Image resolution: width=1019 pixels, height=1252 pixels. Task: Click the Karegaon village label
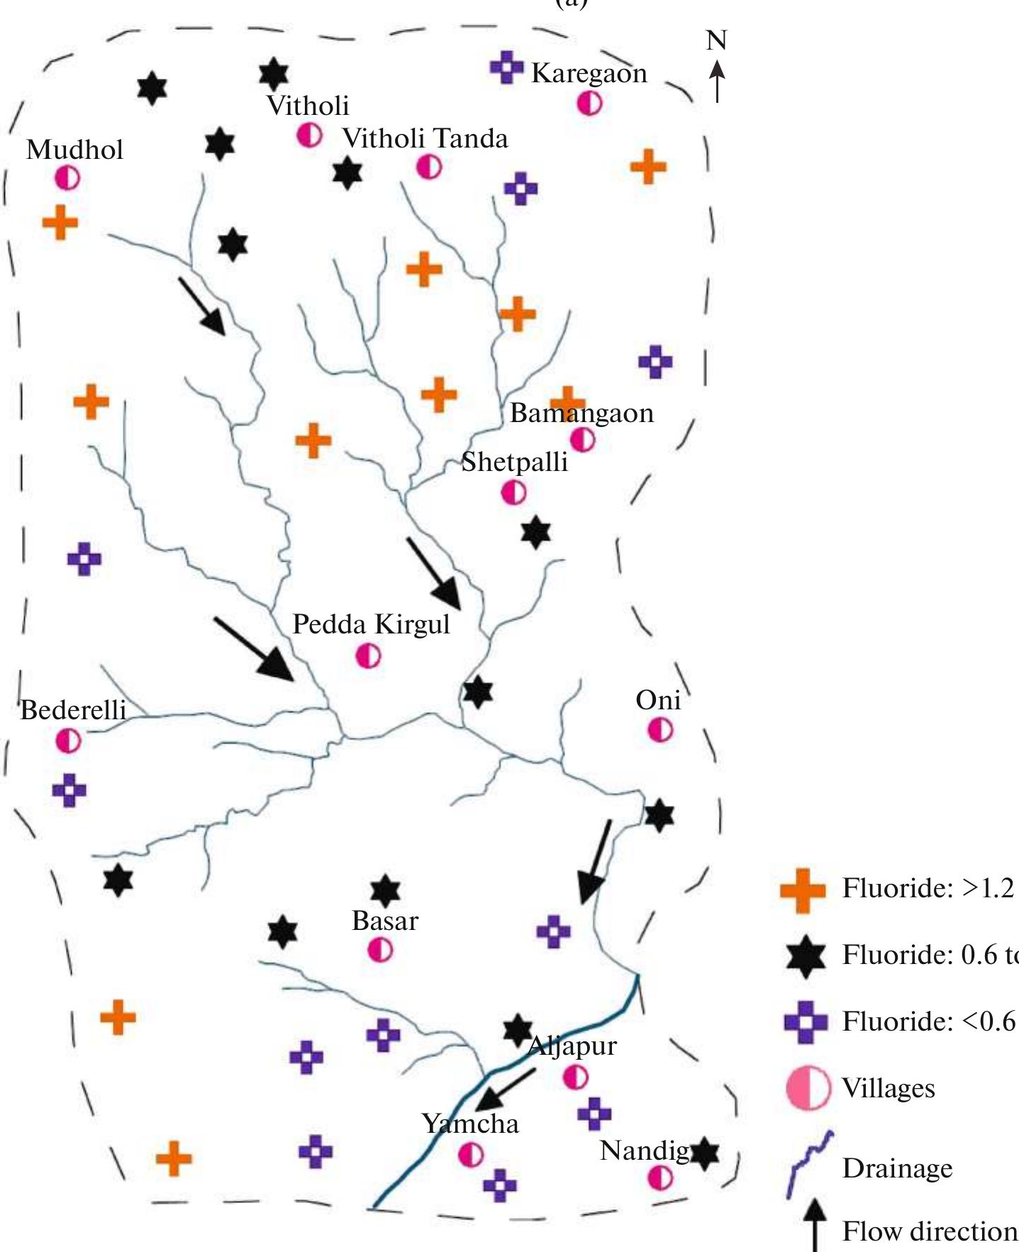tap(589, 73)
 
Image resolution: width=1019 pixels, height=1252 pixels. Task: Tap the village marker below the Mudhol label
tap(67, 178)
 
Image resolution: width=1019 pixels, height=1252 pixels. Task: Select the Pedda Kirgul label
tap(371, 624)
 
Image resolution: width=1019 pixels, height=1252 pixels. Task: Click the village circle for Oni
tap(660, 730)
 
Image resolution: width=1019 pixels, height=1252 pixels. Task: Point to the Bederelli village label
tap(73, 710)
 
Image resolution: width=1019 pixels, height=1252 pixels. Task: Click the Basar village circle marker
tap(380, 949)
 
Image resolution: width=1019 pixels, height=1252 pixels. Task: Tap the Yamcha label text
tap(470, 1124)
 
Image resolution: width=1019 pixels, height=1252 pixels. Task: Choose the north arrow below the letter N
tap(718, 80)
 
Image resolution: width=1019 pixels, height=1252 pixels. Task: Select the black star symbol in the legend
tap(806, 955)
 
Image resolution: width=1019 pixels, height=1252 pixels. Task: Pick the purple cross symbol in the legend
tap(806, 1022)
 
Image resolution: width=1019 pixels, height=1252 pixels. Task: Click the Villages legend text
tap(888, 1088)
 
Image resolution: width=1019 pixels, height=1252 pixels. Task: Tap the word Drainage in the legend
tap(897, 1168)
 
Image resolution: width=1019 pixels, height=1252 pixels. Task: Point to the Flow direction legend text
tap(929, 1231)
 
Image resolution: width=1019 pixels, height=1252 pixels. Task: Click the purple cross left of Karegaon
tap(506, 67)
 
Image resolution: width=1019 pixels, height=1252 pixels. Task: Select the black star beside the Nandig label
tap(704, 1154)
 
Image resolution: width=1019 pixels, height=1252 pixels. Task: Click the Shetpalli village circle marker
tap(513, 492)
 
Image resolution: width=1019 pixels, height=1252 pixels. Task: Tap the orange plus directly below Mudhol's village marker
tap(60, 223)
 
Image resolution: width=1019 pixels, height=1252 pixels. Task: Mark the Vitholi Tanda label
tap(425, 138)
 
